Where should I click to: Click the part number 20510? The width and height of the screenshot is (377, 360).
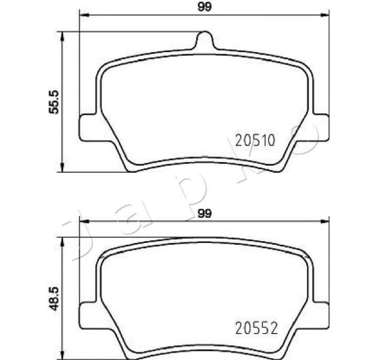pos(255,142)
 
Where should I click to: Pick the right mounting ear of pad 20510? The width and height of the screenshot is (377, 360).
pos(322,127)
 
